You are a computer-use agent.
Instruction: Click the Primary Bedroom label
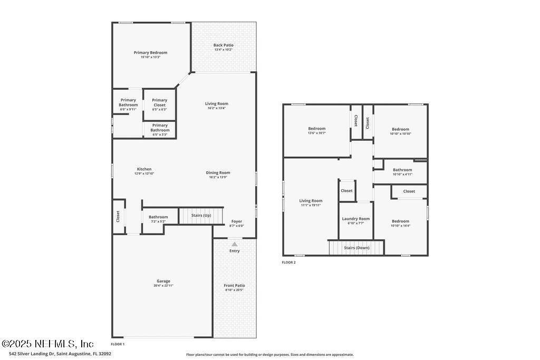click(150, 53)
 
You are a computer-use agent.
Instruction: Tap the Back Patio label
click(223, 45)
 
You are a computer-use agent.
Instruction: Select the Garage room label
click(163, 281)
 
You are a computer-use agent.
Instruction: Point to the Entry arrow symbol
click(234, 244)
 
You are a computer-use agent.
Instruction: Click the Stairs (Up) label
click(201, 216)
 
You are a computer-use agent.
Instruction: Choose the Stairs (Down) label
click(356, 248)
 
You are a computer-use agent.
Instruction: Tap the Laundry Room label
click(356, 219)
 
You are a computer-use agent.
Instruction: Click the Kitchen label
click(144, 169)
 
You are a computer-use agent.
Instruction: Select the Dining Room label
click(218, 173)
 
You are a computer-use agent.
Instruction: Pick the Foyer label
click(236, 221)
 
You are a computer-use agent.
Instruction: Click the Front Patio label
click(234, 286)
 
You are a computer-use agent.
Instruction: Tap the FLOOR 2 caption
click(288, 262)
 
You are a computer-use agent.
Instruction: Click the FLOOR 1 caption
click(118, 344)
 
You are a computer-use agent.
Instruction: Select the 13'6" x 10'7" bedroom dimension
click(317, 133)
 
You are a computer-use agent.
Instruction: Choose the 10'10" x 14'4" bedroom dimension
click(400, 226)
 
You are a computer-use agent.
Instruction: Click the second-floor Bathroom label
click(402, 170)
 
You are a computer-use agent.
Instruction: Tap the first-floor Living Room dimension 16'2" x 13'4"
click(217, 108)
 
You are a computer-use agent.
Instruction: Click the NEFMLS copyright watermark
click(47, 344)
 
